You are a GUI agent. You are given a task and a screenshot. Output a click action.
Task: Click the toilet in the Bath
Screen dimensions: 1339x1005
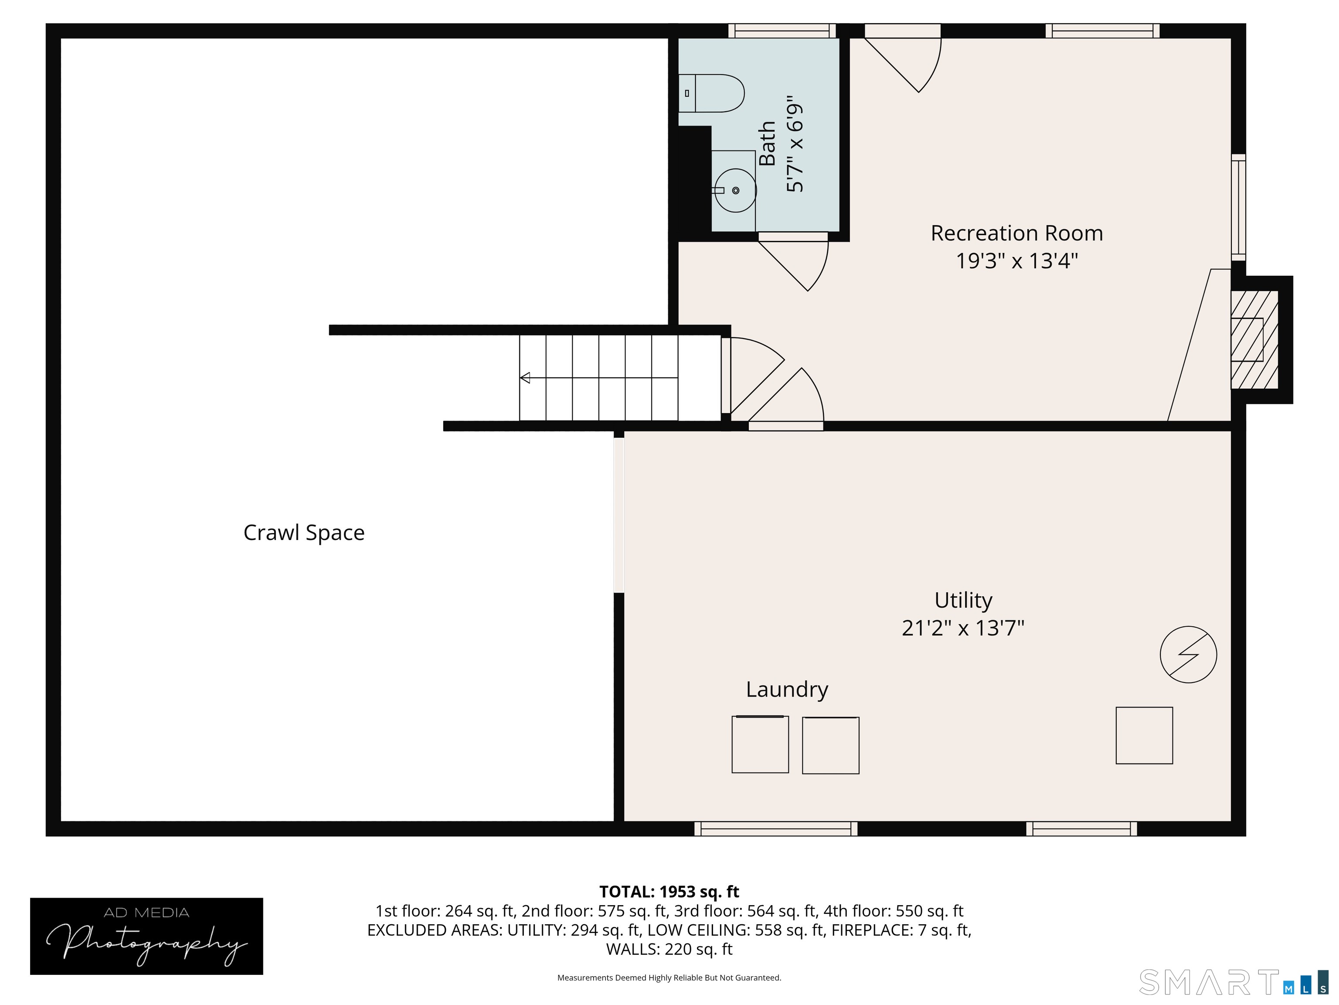pyautogui.click(x=711, y=93)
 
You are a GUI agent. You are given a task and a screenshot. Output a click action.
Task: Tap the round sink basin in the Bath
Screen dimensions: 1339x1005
pyautogui.click(x=735, y=191)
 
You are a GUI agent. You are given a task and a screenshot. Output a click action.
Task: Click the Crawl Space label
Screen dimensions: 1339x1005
pyautogui.click(x=304, y=533)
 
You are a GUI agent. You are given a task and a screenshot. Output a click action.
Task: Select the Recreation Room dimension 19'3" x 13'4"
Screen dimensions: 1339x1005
pyautogui.click(x=1017, y=261)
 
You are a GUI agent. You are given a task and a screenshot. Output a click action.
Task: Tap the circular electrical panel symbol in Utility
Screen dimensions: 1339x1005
pyautogui.click(x=1188, y=655)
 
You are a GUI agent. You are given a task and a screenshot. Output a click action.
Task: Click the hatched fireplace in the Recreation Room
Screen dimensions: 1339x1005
pyautogui.click(x=1254, y=340)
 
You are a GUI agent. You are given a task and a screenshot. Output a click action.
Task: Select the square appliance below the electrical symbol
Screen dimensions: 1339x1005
pyautogui.click(x=1144, y=735)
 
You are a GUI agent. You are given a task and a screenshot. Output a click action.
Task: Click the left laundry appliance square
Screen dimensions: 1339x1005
pyautogui.click(x=760, y=745)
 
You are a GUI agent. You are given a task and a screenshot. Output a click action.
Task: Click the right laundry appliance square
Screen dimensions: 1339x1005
pyautogui.click(x=830, y=746)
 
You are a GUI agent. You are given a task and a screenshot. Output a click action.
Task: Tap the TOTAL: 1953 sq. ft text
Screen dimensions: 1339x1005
pyautogui.click(x=669, y=892)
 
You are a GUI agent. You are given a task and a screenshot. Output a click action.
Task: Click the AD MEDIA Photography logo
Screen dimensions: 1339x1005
pyautogui.click(x=146, y=937)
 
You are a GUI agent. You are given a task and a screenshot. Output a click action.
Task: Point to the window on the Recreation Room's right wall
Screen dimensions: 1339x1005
pyautogui.click(x=1238, y=207)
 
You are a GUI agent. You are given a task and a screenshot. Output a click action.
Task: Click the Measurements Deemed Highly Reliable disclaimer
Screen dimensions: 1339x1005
pyautogui.click(x=669, y=978)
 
